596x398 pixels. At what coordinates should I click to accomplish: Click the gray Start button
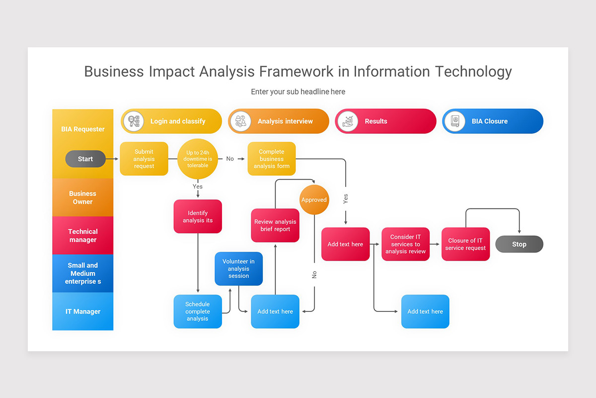click(x=85, y=159)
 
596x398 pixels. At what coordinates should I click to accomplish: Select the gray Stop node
click(x=519, y=244)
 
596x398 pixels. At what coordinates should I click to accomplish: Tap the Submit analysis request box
click(x=144, y=159)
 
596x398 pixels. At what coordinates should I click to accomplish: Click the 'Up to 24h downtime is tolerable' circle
click(x=198, y=159)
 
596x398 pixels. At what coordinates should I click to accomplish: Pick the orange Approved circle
click(x=314, y=199)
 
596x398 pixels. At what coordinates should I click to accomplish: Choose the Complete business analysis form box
click(x=272, y=159)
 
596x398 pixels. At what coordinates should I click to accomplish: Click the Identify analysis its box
click(x=198, y=216)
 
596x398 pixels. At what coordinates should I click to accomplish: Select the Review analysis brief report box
click(x=275, y=225)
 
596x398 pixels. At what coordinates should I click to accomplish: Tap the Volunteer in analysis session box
click(x=238, y=269)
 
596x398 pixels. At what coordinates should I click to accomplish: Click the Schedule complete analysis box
click(x=198, y=311)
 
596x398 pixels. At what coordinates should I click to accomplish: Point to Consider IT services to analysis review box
click(x=406, y=244)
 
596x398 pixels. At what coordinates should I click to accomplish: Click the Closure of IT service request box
click(x=465, y=244)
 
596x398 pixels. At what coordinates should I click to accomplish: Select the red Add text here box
click(x=345, y=244)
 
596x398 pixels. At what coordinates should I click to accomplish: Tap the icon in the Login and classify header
click(x=133, y=121)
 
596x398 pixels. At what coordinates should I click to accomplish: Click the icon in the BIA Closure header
click(x=454, y=121)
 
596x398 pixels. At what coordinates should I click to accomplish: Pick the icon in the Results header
click(x=347, y=121)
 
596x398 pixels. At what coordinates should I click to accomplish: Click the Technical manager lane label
click(x=83, y=235)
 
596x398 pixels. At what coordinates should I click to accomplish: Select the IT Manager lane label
click(x=83, y=311)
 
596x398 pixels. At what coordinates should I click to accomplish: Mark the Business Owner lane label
click(x=83, y=198)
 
